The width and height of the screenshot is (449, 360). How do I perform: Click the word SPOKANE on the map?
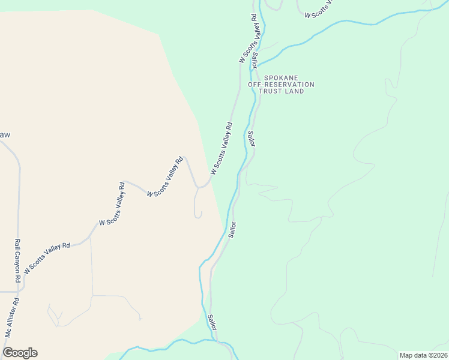280,78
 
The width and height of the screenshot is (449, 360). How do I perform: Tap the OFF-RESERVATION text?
281,85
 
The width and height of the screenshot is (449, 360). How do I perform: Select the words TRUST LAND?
281,91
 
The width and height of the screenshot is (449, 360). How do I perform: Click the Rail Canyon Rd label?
17,262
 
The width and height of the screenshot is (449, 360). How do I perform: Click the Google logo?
20,352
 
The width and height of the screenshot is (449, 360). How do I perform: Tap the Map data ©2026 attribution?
423,355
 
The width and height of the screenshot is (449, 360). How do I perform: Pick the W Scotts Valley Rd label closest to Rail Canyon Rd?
47,254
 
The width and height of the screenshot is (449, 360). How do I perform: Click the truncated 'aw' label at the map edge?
5,135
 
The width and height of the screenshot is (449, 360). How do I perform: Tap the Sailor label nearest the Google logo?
212,322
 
